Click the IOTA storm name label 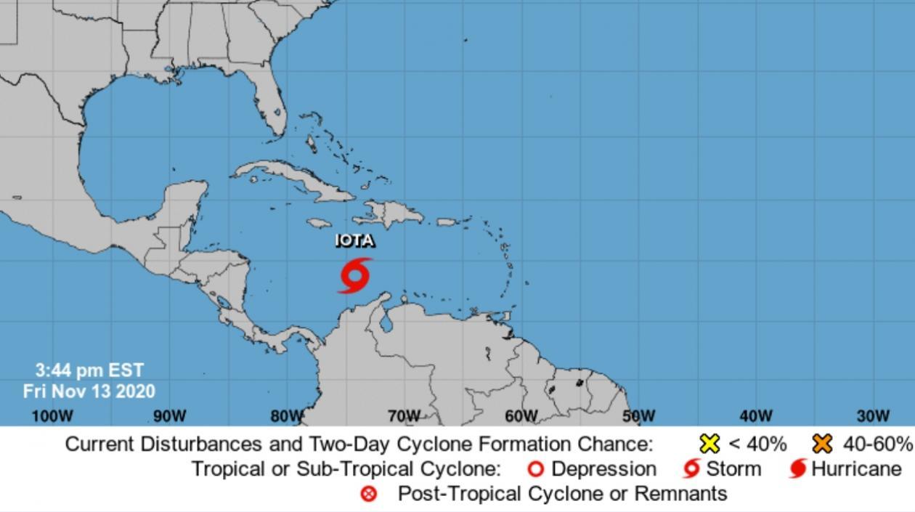355,241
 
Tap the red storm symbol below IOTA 355,275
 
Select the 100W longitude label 53,416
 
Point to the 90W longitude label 170,416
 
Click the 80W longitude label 287,416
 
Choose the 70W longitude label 404,416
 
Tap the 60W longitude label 521,416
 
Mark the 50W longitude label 638,416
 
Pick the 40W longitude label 756,416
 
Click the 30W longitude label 873,416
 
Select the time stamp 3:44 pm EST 89,371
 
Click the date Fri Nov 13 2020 89,391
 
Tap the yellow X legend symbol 709,444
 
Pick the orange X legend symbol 823,444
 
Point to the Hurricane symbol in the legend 798,469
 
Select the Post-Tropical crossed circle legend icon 370,495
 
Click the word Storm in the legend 733,469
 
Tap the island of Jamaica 320,223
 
